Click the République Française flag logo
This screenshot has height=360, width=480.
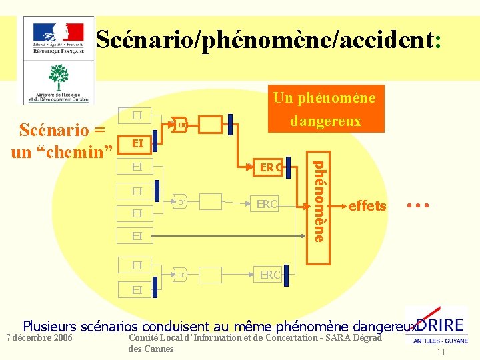point(58,37)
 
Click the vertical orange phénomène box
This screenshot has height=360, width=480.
point(320,201)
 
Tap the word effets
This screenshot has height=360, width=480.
point(367,206)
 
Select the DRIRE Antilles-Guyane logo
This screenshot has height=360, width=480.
point(438,327)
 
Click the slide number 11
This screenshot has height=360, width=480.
point(441,353)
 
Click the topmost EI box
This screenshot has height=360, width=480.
point(137,115)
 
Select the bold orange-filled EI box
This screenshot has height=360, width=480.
point(137,143)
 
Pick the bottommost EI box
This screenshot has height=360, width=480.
point(137,290)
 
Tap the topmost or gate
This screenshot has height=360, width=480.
point(181,123)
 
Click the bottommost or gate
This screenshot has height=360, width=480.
point(181,273)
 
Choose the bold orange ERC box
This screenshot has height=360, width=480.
point(270,168)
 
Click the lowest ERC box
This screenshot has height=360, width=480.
point(270,274)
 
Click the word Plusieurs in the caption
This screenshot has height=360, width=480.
point(51,327)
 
